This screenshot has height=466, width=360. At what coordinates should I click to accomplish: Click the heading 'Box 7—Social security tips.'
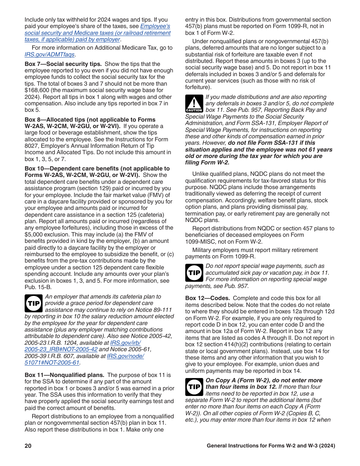pos(63,64)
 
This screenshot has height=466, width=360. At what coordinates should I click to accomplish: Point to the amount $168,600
pos(37,90)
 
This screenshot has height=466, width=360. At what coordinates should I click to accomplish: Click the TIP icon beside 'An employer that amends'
pos(33,303)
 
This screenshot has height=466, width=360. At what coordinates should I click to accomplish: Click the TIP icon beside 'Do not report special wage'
pos(194,273)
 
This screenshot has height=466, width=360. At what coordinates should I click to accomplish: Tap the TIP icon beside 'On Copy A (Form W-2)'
pos(194,387)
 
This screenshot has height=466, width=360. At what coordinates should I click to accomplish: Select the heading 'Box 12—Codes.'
pos(207,298)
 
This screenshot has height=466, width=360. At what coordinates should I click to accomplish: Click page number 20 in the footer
pos(28,446)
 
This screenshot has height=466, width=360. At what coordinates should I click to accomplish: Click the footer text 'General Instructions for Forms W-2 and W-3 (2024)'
pos(271,446)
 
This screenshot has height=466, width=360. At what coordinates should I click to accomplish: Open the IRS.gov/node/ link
pos(125,356)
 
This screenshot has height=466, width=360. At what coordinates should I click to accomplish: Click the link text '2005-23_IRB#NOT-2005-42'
pos(61,349)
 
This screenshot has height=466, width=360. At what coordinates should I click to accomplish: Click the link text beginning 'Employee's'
pos(155,26)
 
